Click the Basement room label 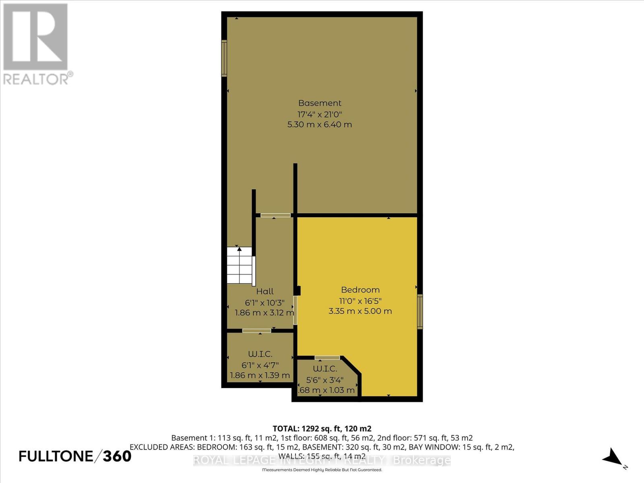pyautogui.click(x=320, y=103)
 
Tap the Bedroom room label pyautogui.click(x=360, y=290)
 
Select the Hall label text pyautogui.click(x=265, y=291)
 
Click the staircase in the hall pyautogui.click(x=240, y=266)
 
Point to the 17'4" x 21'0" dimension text pyautogui.click(x=320, y=114)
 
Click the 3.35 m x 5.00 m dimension pyautogui.click(x=360, y=311)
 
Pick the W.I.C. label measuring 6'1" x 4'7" pyautogui.click(x=260, y=354)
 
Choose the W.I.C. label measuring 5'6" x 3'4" pyautogui.click(x=325, y=369)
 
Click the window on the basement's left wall pyautogui.click(x=224, y=58)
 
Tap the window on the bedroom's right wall pyautogui.click(x=420, y=312)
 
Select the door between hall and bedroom pyautogui.click(x=295, y=310)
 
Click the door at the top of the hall pyautogui.click(x=275, y=215)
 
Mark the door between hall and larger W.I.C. pyautogui.click(x=256, y=331)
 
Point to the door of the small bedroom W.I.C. pyautogui.click(x=327, y=357)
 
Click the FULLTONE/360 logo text pyautogui.click(x=75, y=456)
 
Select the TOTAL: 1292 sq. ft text pyautogui.click(x=322, y=428)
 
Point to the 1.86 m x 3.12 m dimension pyautogui.click(x=264, y=313)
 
